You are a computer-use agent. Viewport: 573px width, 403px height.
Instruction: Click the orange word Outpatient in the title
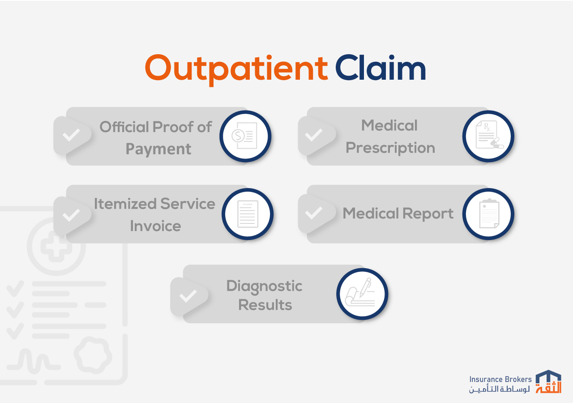[x=236, y=69]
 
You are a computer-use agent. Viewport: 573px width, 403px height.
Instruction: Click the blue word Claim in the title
[x=381, y=67]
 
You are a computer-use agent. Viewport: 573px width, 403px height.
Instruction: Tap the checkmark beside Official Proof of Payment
[x=71, y=135]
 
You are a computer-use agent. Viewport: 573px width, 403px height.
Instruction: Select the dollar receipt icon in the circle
[x=244, y=136]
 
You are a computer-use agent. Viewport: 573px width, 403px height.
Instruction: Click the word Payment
[x=158, y=149]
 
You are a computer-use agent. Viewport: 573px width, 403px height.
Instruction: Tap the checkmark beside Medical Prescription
[x=314, y=135]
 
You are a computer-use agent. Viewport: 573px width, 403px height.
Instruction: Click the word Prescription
[x=390, y=148]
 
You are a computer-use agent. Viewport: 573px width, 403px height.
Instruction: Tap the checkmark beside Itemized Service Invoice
[x=71, y=215]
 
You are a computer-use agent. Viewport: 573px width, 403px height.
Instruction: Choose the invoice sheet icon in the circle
[x=248, y=214]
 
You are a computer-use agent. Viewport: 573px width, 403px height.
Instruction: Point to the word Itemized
[x=125, y=204]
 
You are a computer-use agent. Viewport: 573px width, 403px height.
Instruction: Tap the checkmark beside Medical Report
[x=314, y=213]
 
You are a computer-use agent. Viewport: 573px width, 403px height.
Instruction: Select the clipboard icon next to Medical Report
[x=489, y=214]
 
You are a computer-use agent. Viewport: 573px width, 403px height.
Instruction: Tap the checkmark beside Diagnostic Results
[x=188, y=295]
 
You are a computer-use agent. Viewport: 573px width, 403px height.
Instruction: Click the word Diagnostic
[x=264, y=286]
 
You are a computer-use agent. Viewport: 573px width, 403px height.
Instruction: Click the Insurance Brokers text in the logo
[x=500, y=379]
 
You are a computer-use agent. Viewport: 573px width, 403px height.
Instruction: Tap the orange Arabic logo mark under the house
[x=548, y=387]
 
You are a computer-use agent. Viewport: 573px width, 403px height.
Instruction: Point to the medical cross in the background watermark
[x=56, y=246]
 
